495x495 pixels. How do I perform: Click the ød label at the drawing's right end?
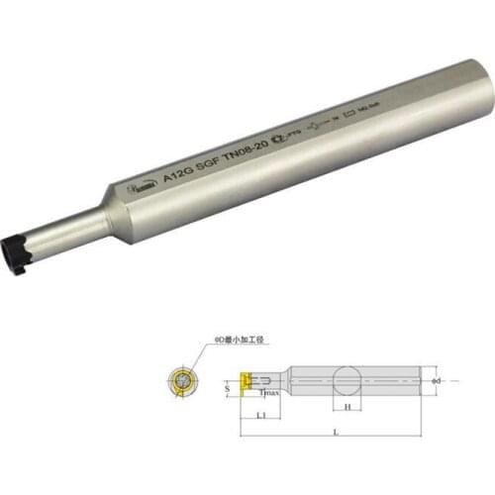442,380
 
